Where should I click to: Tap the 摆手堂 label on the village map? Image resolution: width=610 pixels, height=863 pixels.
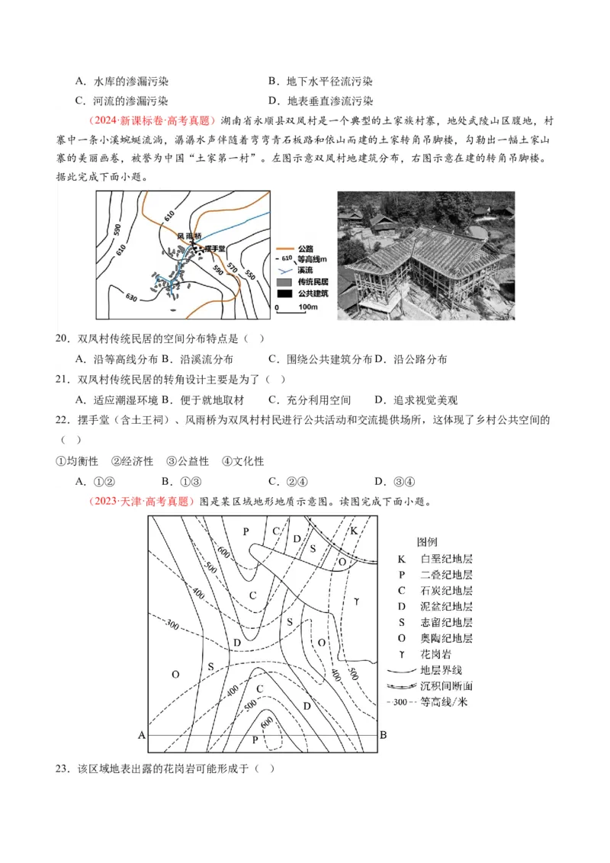[x=217, y=249]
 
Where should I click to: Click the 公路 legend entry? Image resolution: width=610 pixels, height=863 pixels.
[x=307, y=249]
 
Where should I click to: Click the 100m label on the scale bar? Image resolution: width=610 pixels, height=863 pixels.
[x=307, y=307]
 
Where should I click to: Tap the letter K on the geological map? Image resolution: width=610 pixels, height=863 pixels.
[x=354, y=531]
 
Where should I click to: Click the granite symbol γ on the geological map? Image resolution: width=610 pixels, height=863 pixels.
[x=356, y=602]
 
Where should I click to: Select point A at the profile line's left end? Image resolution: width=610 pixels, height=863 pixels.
[x=141, y=735]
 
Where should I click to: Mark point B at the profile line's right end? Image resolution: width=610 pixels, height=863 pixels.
[x=384, y=735]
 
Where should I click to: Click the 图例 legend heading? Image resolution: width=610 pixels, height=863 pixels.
[x=427, y=542]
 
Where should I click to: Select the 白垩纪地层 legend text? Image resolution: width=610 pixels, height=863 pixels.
[x=446, y=559]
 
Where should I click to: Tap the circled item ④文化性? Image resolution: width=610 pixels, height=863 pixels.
[x=242, y=461]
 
